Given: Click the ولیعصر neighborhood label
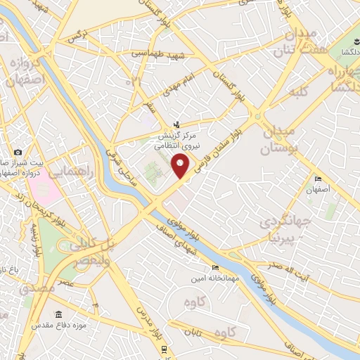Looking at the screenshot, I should [x=89, y=259].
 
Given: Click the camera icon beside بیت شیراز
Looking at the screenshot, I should [x=18, y=153].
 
